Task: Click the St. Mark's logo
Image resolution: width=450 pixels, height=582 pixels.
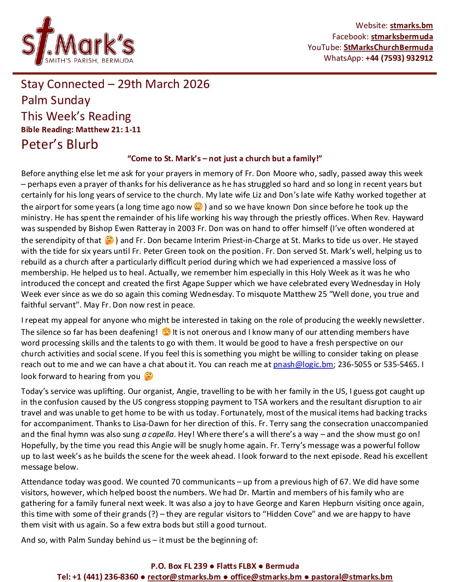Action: point(78,41)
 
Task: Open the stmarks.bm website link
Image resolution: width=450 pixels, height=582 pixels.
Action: point(411,26)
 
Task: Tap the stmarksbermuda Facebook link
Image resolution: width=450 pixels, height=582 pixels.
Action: point(402,36)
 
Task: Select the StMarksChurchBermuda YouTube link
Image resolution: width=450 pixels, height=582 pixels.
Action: point(388,47)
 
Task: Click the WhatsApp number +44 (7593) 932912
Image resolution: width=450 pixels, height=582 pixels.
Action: point(399,58)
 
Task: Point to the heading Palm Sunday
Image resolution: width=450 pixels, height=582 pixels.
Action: point(56,100)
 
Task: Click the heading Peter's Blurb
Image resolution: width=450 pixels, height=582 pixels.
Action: point(60,144)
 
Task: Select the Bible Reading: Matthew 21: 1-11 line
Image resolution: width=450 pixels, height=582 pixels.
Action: point(81,129)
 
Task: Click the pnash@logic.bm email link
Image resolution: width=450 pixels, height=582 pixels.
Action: point(303,364)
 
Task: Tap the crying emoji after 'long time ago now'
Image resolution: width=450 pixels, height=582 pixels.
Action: point(199,206)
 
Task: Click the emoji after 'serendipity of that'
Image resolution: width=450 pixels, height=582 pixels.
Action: point(109,240)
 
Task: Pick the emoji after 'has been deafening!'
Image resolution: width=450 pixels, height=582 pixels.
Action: point(166,332)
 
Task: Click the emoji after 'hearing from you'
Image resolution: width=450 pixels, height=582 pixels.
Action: point(148,376)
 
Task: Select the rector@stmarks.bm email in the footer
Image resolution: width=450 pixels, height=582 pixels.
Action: point(184,577)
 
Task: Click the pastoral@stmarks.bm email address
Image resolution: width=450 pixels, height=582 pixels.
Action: point(352,577)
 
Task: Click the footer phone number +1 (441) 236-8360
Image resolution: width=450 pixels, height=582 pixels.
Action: point(105,577)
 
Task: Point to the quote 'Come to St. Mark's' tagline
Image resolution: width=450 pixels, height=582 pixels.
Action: point(225,158)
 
